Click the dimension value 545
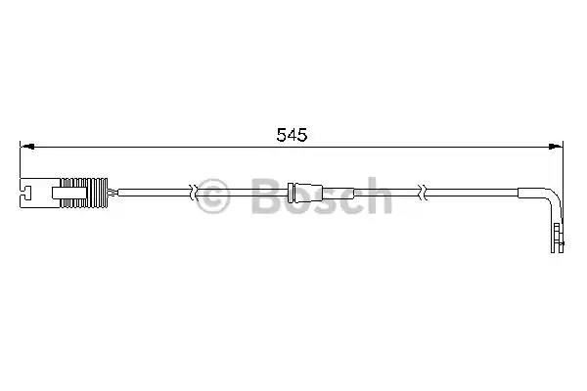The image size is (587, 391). [x=292, y=135]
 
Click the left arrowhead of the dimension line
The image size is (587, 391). [x=27, y=147]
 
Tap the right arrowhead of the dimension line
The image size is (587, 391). [x=556, y=147]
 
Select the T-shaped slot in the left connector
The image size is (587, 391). [x=26, y=193]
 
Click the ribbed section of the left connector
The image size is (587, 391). [x=84, y=193]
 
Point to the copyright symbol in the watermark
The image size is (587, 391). [x=212, y=196]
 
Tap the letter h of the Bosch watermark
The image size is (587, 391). [x=378, y=195]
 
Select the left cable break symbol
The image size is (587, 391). [x=193, y=193]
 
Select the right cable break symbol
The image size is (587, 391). [x=423, y=193]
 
